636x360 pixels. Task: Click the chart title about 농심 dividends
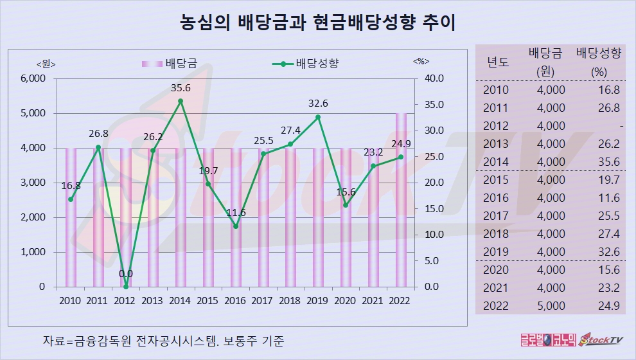tap(317, 24)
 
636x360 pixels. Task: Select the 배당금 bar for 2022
tap(401, 199)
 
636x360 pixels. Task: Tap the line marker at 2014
tap(181, 101)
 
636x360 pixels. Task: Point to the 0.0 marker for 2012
tap(126, 287)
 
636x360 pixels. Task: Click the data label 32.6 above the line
tap(317, 103)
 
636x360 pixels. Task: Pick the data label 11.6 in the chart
tap(236, 212)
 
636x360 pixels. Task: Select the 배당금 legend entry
tap(169, 63)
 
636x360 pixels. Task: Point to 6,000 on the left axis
tap(33, 78)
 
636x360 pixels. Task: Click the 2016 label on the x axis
tap(236, 300)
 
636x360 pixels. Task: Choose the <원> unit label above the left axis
tap(46, 63)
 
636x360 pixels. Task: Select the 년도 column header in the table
tap(498, 62)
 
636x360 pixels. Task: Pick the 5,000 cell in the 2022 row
tap(551, 305)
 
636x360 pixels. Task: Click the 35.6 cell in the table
tap(608, 161)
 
